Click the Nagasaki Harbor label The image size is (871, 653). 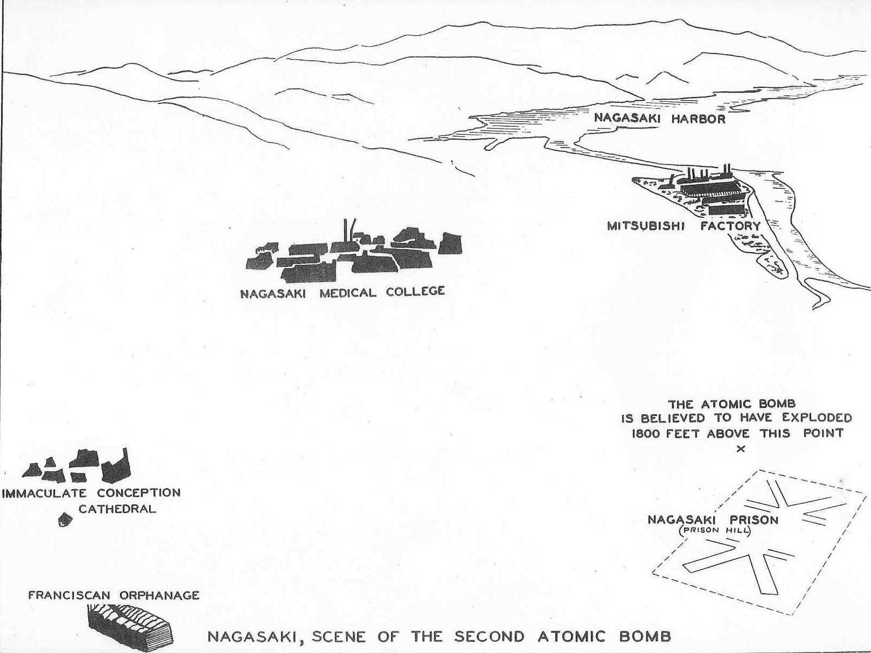pyautogui.click(x=659, y=118)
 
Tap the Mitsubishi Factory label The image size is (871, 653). pyautogui.click(x=684, y=225)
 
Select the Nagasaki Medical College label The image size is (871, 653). pyautogui.click(x=342, y=292)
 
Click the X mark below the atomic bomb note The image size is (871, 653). pyautogui.click(x=740, y=449)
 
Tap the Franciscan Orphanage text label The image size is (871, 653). pyautogui.click(x=113, y=595)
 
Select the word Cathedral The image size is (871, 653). pyautogui.click(x=118, y=509)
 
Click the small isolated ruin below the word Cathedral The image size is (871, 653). pyautogui.click(x=65, y=520)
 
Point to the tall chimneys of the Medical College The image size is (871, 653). pyautogui.click(x=349, y=231)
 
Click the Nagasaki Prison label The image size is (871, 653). pyautogui.click(x=713, y=520)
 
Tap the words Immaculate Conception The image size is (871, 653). pyautogui.click(x=91, y=493)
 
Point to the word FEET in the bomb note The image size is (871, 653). pyautogui.click(x=690, y=434)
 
